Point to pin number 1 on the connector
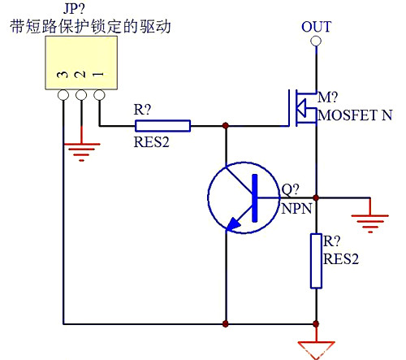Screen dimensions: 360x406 pos(98,75)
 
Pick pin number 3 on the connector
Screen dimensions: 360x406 pos(62,75)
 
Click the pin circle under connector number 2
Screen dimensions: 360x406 pos(80,95)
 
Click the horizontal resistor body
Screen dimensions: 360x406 pos(162,126)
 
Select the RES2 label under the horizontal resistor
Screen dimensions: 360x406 pos(152,141)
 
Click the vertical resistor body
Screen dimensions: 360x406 pos(316,260)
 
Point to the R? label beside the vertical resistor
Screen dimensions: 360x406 pos(333,242)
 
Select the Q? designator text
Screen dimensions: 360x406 pos(291,191)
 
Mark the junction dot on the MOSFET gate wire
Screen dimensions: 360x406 pos(225,126)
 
